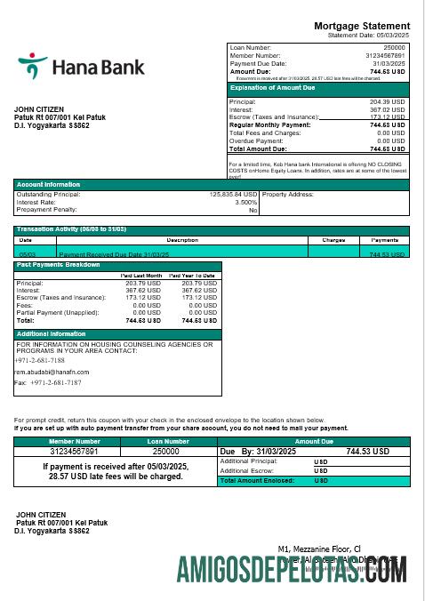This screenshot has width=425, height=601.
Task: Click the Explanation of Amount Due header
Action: tap(272, 88)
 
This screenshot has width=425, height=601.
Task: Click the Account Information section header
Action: tap(49, 184)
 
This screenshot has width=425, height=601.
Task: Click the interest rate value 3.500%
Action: tap(246, 202)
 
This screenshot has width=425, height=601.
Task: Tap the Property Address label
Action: tap(289, 194)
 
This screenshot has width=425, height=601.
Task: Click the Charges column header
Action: tap(333, 240)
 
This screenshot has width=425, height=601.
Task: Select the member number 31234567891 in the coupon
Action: tap(74, 452)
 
